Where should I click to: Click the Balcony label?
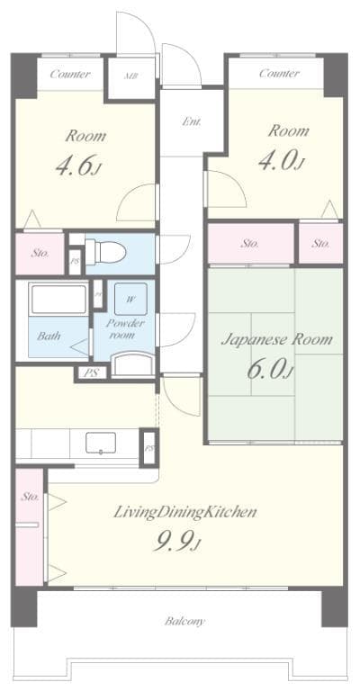(184, 621)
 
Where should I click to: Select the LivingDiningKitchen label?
(185, 512)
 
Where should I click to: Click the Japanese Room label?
(276, 340)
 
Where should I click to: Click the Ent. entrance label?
(192, 121)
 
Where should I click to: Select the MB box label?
(131, 76)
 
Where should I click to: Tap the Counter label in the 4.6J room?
(69, 74)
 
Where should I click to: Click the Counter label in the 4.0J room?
(279, 74)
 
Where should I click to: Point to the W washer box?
(131, 299)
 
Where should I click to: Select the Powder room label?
(125, 328)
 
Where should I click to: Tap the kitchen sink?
(102, 444)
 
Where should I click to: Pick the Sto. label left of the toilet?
(40, 253)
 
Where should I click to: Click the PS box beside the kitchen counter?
(149, 447)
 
